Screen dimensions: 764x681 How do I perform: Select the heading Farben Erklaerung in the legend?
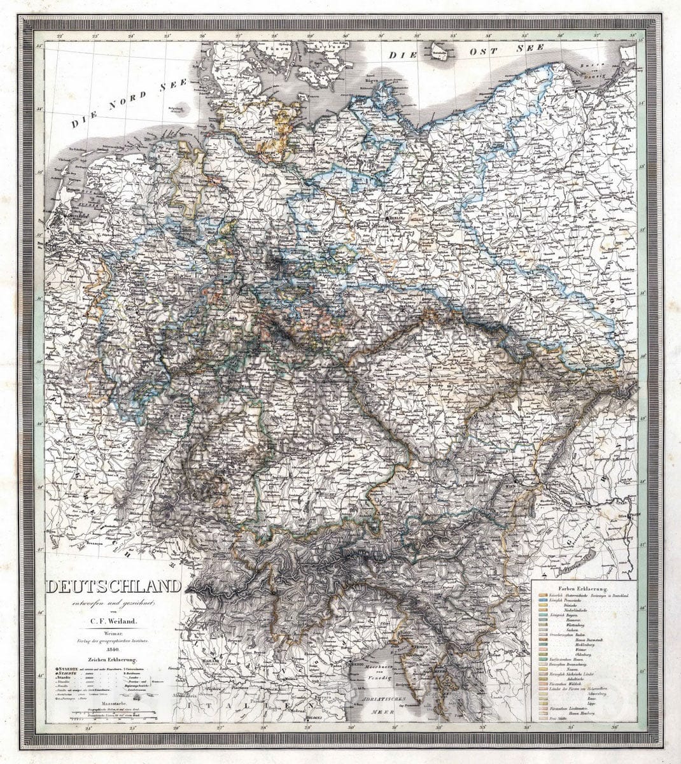pyautogui.click(x=583, y=589)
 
